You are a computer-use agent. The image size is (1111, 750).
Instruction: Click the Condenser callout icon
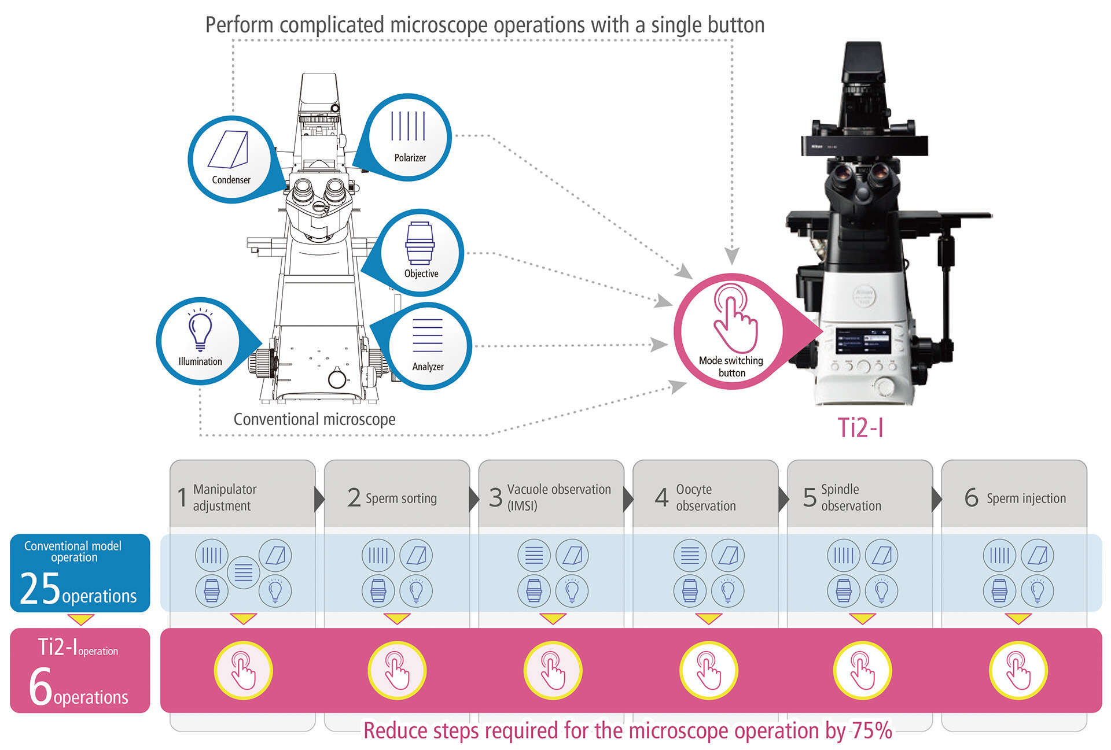pos(231,158)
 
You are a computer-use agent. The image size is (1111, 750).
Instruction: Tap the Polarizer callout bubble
pos(409,136)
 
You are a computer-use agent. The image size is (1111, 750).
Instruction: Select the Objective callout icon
pos(421,252)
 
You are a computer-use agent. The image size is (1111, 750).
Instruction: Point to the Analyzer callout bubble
pos(428,345)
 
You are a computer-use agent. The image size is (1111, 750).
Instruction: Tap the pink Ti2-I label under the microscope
pos(860,428)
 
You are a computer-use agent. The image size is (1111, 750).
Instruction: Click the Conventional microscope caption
pos(314,419)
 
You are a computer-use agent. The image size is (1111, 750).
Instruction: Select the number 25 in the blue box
pos(40,589)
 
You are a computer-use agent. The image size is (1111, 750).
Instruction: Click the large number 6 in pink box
pos(41,686)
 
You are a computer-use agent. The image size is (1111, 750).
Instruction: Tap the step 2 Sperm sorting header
pos(396,498)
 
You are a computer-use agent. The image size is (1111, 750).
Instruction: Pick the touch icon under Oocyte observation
pos(708,670)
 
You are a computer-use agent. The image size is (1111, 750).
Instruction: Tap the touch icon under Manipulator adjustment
pos(243,670)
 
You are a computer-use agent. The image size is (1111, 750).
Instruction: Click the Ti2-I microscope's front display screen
pos(863,341)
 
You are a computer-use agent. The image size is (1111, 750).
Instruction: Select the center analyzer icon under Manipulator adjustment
pos(243,572)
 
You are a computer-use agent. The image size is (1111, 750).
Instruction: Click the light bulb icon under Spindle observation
pos(881,591)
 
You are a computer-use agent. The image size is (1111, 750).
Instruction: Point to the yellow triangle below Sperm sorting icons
pos(397,619)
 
